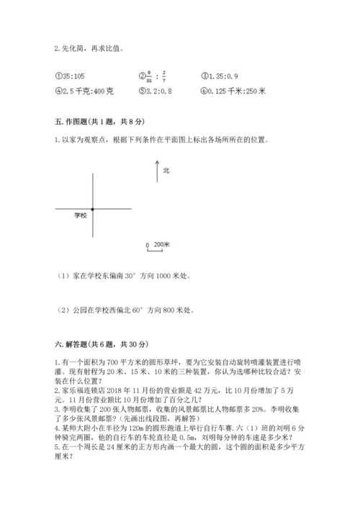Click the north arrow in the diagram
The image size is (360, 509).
(x=156, y=171)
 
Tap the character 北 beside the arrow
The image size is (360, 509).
(x=166, y=171)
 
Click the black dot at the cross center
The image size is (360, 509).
(x=94, y=209)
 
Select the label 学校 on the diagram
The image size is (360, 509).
(x=80, y=216)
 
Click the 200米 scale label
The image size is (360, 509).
(x=162, y=245)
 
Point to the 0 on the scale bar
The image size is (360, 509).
(x=148, y=246)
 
